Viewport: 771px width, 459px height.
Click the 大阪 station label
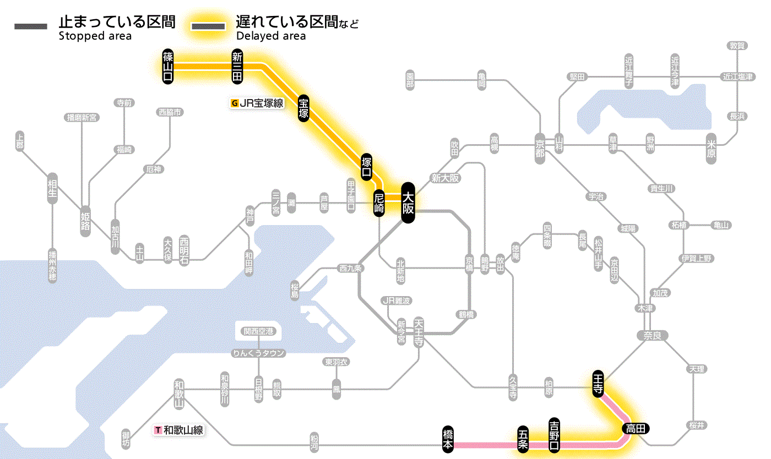[x=408, y=203]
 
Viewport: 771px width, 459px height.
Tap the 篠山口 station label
[x=168, y=66]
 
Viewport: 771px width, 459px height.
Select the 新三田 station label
[x=237, y=66]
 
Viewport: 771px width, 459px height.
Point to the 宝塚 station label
[x=303, y=108]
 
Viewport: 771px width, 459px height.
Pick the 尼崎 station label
[x=379, y=203]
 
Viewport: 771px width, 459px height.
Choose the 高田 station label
[x=636, y=428]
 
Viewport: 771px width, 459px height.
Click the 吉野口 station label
[x=555, y=434]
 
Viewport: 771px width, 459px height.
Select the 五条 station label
[x=523, y=439]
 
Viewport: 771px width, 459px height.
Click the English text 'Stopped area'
[x=95, y=36]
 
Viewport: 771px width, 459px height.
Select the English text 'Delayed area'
[x=271, y=36]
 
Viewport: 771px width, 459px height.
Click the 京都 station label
[x=540, y=146]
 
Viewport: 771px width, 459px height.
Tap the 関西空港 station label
[x=258, y=331]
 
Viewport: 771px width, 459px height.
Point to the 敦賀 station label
[x=737, y=46]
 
